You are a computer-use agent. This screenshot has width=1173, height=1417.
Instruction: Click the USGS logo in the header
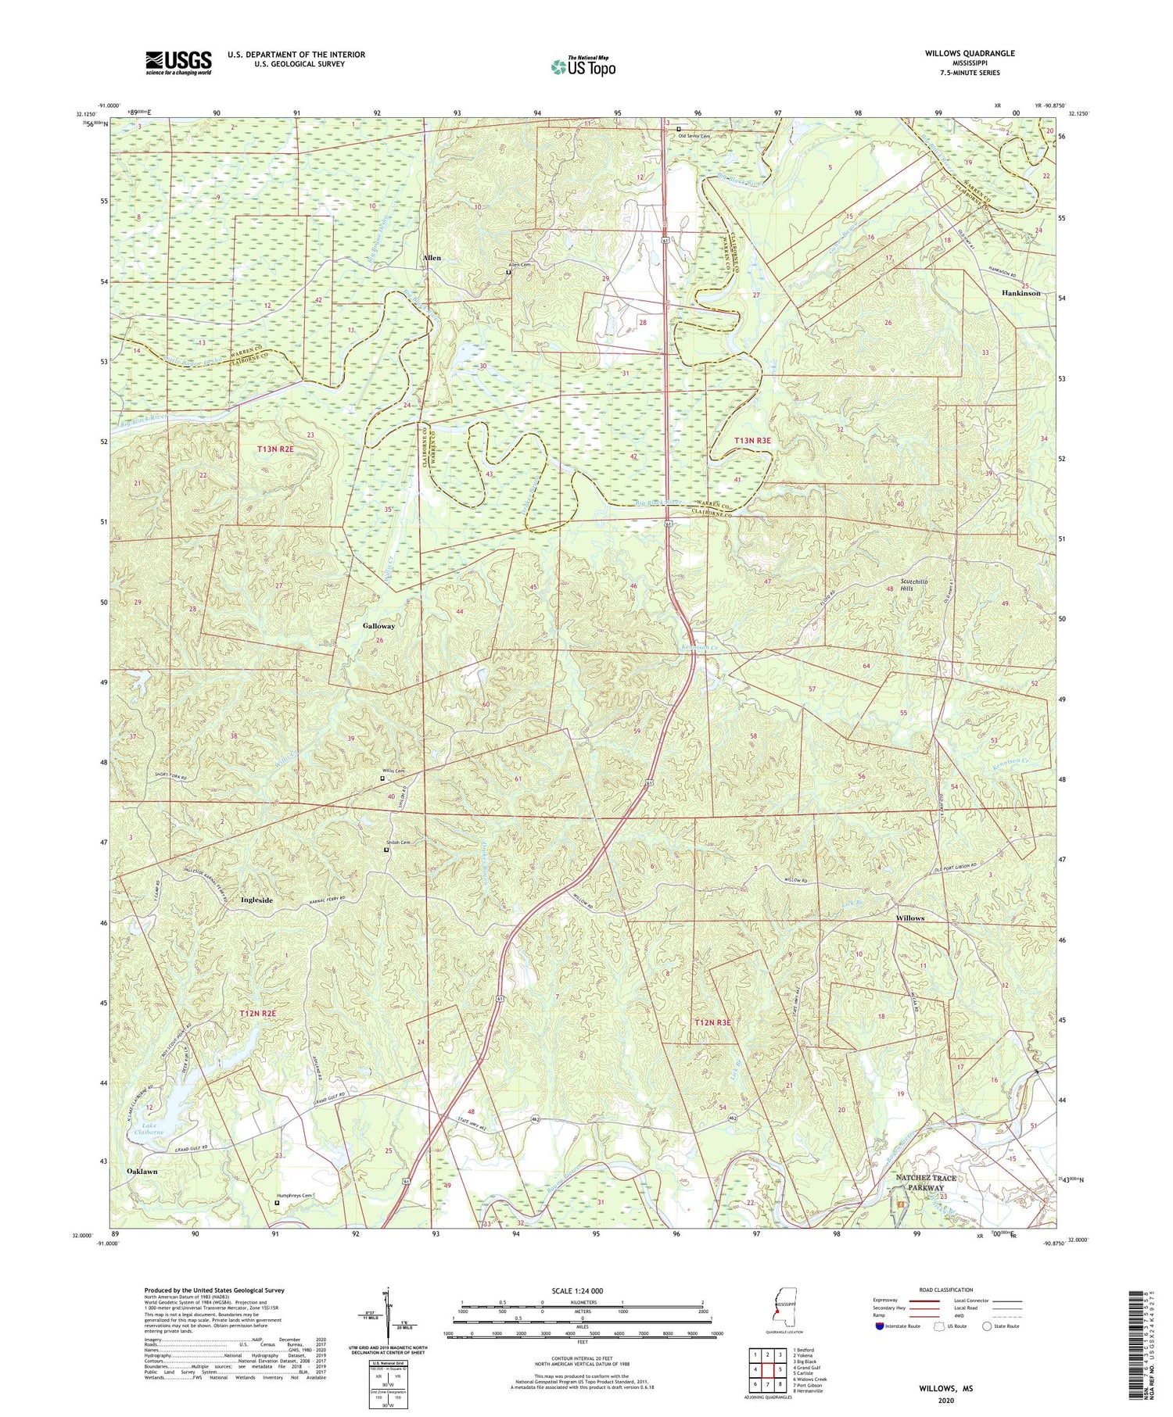tap(178, 62)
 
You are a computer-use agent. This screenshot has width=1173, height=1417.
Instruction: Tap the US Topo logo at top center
tap(583, 66)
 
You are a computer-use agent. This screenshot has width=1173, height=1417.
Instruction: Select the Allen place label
tap(432, 258)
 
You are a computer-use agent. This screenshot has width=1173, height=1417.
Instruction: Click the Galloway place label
tap(378, 626)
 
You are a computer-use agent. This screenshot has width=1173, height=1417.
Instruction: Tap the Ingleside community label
tap(256, 900)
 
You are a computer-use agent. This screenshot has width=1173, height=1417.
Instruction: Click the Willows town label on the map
tap(910, 918)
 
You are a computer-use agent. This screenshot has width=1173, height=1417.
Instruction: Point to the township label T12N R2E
tap(258, 1014)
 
